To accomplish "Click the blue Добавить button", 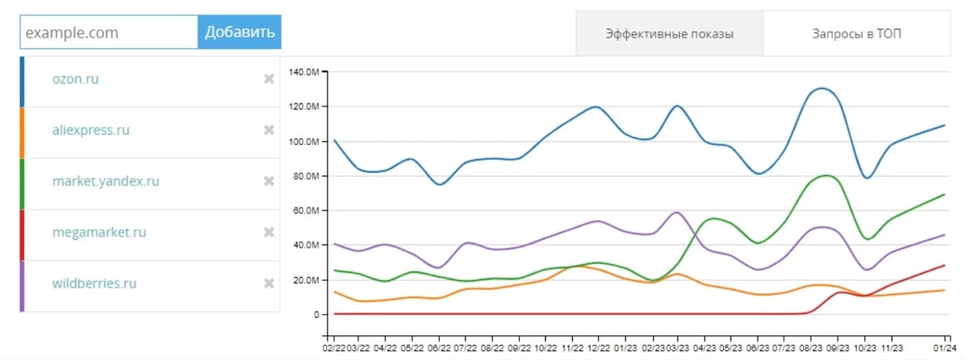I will (239, 32).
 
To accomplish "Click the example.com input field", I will (109, 32).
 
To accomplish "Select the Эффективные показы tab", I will (669, 34).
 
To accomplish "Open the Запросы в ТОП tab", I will (857, 34).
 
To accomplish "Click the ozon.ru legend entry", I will (75, 78).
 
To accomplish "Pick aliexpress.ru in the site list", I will (91, 130).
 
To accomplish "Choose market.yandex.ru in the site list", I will (106, 181).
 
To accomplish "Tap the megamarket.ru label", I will (99, 232).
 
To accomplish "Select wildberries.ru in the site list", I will (94, 284).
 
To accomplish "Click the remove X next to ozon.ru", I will (269, 78).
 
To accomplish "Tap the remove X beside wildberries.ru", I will (269, 284).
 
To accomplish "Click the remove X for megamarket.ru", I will (269, 232).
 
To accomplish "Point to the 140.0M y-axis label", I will (306, 72).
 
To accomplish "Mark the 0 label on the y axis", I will (318, 315).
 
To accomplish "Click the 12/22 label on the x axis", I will (598, 348).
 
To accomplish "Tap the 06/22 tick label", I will (438, 348).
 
